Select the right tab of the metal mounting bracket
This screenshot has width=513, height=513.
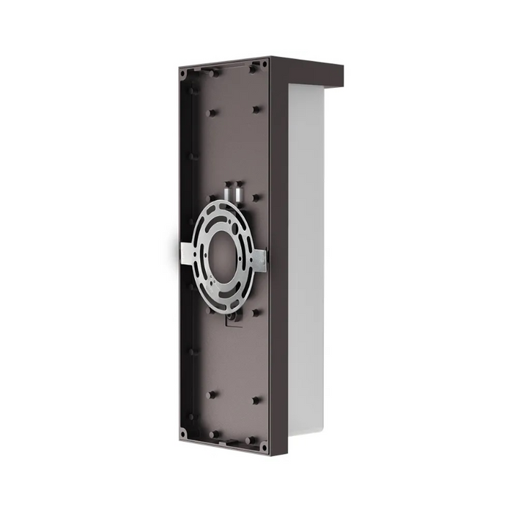pos(259,258)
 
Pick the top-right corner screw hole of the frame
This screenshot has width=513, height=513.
pos(265,64)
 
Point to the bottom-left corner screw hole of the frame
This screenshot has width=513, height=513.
pos(182,433)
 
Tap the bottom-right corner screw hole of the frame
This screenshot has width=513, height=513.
pos(264,446)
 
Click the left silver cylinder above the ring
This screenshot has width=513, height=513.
pos(228,190)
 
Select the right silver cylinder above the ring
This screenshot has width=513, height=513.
pos(239,191)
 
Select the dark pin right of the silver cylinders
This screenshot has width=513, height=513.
pos(256,197)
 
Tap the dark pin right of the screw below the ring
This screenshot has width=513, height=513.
pos(256,312)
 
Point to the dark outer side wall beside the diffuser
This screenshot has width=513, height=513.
pos(279,256)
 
